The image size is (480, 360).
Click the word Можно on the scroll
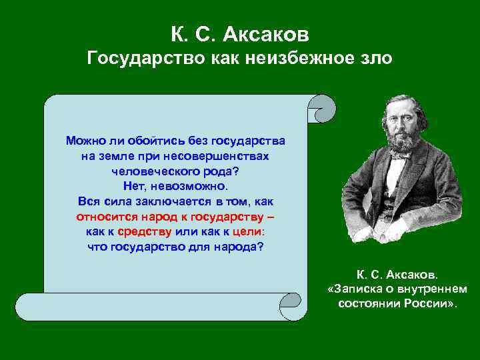pos(84,141)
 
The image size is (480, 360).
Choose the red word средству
pos(145,232)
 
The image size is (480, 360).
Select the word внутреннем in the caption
pos(435,289)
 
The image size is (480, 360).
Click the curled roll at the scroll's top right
pos(323,109)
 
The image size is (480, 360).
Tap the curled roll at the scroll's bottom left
pos(29,307)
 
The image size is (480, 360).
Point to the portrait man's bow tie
pos(398,157)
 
